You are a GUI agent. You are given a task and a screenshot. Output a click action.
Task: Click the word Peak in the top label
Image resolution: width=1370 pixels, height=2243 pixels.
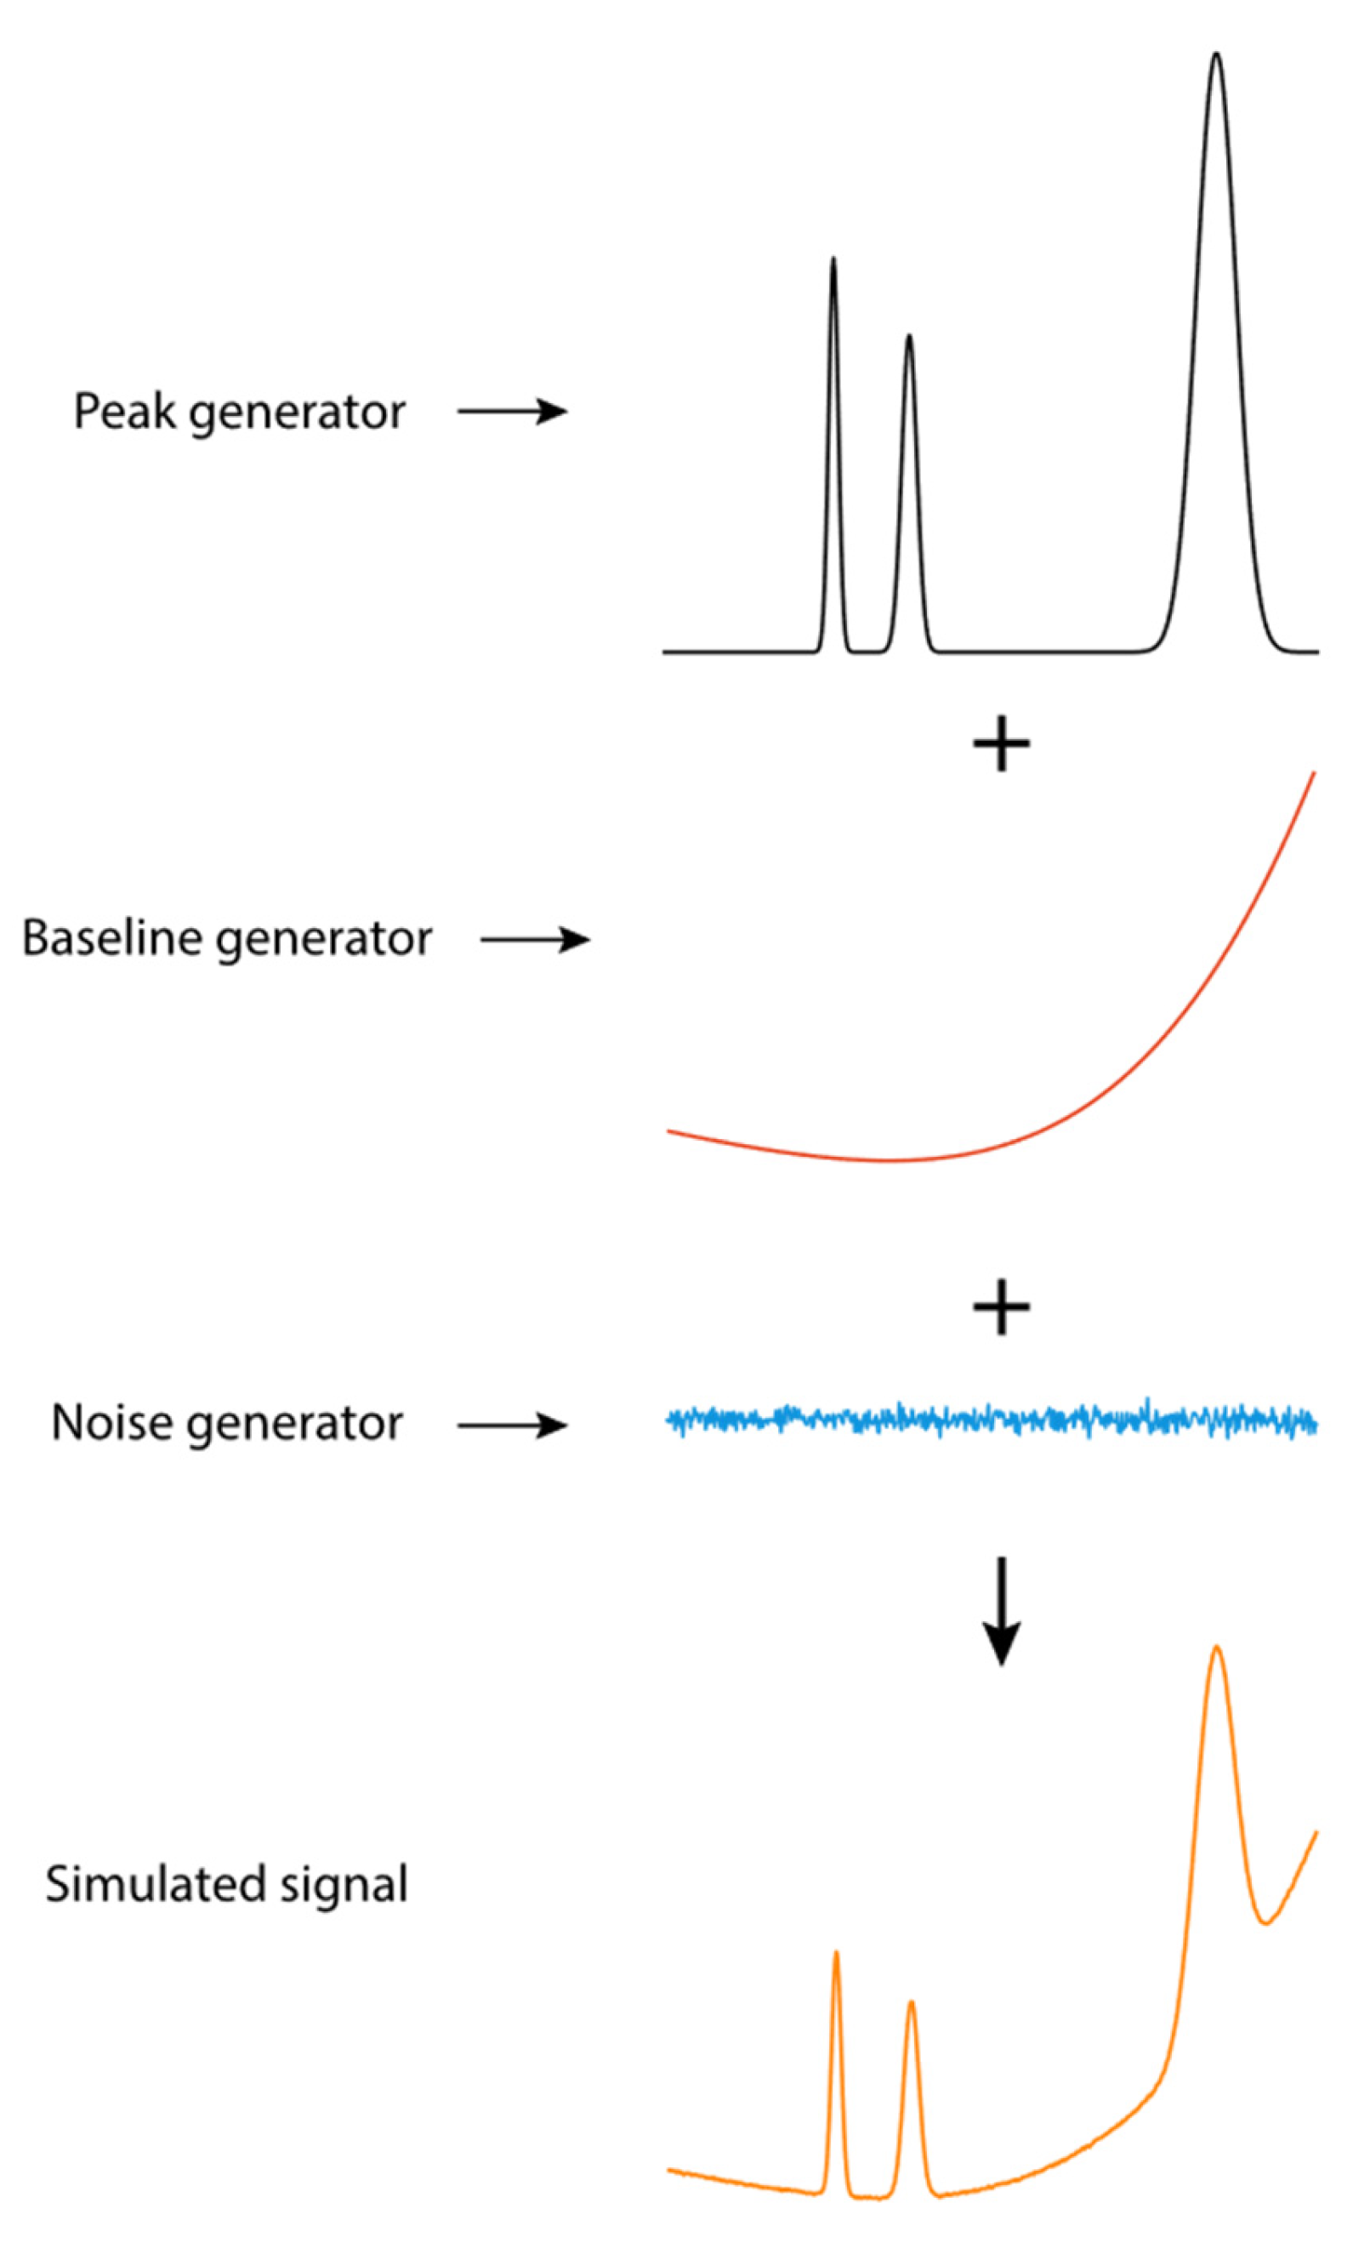pos(125,413)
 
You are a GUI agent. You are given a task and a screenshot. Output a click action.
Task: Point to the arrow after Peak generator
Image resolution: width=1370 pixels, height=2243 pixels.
pos(512,412)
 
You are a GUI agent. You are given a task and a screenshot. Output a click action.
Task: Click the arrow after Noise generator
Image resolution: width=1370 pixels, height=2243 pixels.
pos(512,1426)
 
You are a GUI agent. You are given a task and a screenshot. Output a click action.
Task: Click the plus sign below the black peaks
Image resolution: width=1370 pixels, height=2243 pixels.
pos(1001,743)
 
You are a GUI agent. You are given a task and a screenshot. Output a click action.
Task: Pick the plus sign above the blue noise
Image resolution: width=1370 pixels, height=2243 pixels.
pos(1001,1307)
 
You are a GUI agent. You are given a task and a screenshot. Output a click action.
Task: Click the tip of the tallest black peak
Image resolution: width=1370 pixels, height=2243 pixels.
pos(1216,54)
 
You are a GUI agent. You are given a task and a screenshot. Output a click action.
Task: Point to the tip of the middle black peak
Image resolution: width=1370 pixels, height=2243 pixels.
pos(908,337)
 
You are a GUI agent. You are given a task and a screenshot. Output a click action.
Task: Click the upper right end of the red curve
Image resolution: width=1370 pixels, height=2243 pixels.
pos(1314,774)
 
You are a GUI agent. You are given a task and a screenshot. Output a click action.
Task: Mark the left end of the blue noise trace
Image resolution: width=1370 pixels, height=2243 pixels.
pos(670,1418)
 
